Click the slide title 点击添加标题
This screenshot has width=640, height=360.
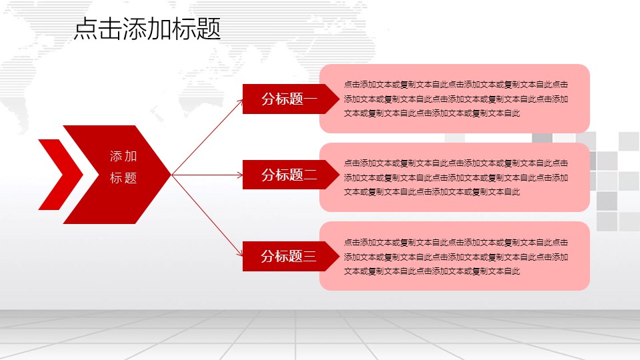(x=147, y=29)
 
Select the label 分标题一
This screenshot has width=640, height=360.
(x=289, y=99)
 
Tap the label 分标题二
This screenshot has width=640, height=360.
(x=289, y=175)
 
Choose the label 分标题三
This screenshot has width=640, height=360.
(x=289, y=256)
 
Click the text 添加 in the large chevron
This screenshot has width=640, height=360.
(x=123, y=156)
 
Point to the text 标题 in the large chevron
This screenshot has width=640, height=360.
(x=123, y=178)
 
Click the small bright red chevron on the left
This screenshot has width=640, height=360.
(x=61, y=175)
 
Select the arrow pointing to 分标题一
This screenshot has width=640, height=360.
(x=207, y=137)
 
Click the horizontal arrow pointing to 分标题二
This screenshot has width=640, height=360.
(x=207, y=175)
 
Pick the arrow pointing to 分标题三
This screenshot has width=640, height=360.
(x=207, y=215)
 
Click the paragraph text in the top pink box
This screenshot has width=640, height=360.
(x=455, y=99)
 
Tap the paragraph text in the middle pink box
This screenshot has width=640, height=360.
(x=455, y=177)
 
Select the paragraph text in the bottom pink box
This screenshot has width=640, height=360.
(x=455, y=257)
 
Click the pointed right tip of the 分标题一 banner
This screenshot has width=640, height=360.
(x=339, y=99)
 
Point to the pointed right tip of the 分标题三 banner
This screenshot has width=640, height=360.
(x=339, y=256)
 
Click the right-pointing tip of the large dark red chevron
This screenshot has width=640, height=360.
(x=171, y=175)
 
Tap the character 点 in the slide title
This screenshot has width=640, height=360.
(x=86, y=29)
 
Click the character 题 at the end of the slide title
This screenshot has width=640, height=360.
(x=209, y=29)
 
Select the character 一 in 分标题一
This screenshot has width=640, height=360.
(x=310, y=99)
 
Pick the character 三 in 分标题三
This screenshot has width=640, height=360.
(x=310, y=256)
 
